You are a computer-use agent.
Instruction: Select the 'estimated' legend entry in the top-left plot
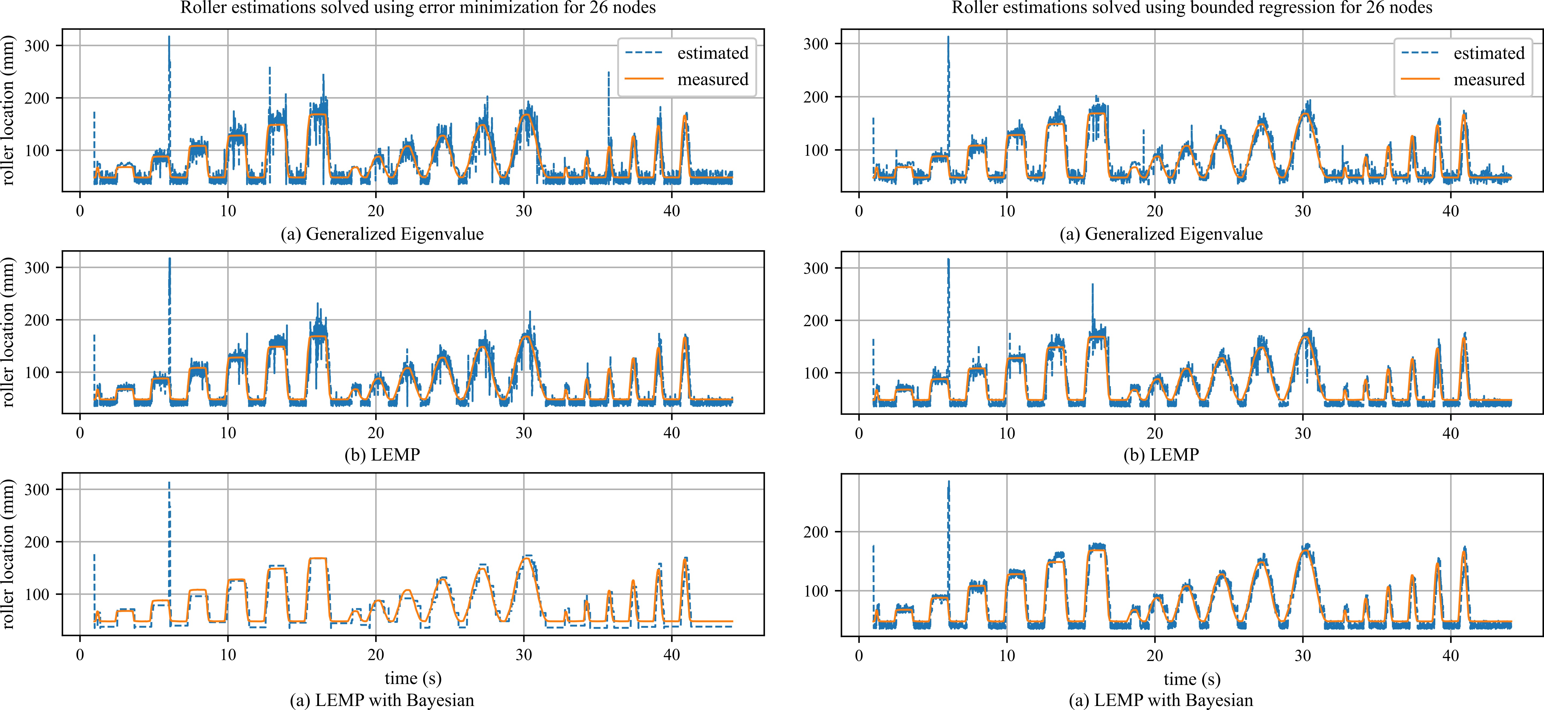712,53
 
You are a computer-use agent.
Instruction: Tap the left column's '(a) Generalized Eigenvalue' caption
382,234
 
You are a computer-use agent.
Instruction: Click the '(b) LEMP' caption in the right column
1161,455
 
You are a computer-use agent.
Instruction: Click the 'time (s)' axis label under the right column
1192,679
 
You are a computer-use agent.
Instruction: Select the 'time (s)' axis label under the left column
413,678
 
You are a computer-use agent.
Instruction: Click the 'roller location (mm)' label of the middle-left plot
8,333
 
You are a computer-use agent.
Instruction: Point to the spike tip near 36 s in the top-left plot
608,73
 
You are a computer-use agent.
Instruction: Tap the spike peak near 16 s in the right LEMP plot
1092,284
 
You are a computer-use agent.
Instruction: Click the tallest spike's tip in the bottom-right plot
948,481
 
